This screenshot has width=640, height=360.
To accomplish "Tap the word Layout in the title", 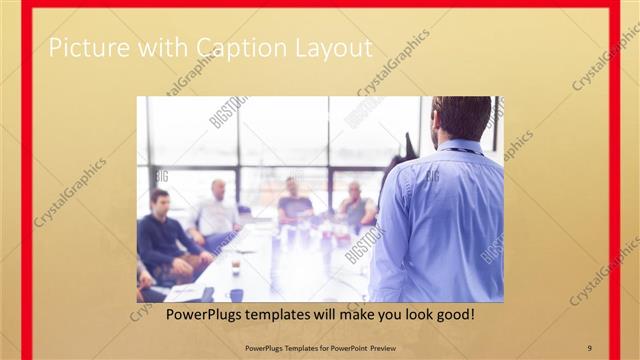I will click(x=329, y=47).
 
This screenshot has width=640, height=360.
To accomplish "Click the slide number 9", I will click(x=589, y=346).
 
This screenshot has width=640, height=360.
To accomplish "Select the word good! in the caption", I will click(x=452, y=314).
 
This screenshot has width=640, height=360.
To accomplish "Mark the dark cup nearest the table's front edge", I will click(x=236, y=295).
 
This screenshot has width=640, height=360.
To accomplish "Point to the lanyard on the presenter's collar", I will click(x=462, y=150).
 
